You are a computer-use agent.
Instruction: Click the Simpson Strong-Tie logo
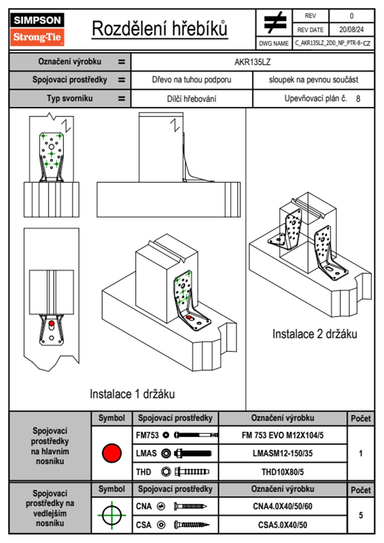[37, 29]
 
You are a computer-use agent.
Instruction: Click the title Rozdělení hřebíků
[160, 29]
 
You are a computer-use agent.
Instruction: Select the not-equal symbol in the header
[275, 23]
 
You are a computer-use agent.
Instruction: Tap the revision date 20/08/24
[351, 30]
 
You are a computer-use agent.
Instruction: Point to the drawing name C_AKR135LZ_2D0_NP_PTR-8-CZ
[332, 43]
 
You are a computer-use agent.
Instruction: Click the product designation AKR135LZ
[252, 62]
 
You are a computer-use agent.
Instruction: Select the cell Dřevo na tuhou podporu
[191, 80]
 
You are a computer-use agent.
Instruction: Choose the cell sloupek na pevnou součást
[313, 80]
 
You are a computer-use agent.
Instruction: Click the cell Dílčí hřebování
[191, 99]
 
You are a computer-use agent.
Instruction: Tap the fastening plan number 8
[358, 99]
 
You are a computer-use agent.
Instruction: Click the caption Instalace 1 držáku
[132, 394]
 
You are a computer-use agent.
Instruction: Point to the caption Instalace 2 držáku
[315, 334]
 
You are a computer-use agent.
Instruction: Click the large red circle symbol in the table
[112, 453]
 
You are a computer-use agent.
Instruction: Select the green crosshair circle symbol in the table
[112, 515]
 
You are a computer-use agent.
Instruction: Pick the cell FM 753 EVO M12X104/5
[282, 435]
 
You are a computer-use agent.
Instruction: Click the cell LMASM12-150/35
[282, 454]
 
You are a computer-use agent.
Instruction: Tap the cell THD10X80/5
[282, 472]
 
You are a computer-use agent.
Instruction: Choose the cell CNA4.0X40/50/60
[282, 506]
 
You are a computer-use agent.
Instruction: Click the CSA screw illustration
[191, 525]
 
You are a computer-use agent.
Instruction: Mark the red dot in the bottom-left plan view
[51, 323]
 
